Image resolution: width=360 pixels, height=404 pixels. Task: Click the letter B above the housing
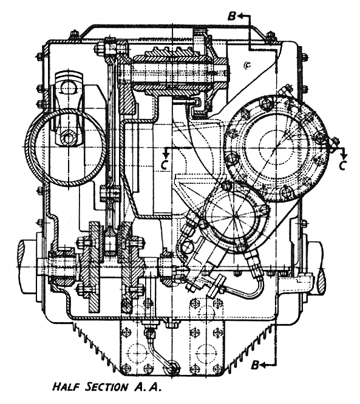point(232,16)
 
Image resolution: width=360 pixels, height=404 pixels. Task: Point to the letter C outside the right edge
point(342,166)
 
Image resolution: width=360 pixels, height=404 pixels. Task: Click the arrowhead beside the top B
point(240,16)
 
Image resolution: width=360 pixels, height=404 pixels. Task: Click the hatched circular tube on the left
point(66,146)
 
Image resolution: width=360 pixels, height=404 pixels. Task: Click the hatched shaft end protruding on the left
point(27,267)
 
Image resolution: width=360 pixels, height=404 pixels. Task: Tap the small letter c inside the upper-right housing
point(248,66)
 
